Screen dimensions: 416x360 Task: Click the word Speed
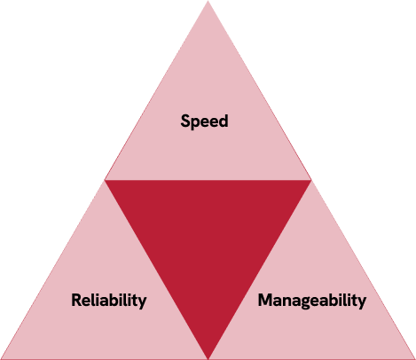[204, 121]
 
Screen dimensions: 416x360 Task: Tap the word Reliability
[109, 301]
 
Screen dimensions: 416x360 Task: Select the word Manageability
[312, 301]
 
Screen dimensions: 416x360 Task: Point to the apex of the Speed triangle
[208, 1]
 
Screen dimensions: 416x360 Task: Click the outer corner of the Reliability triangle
[1, 359]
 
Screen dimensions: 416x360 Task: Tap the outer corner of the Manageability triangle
[415, 359]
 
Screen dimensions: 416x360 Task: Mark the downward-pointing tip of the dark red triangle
[208, 359]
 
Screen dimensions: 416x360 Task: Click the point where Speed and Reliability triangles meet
[105, 180]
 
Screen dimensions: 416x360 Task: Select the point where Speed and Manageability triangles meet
[311, 180]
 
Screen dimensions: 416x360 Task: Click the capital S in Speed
[185, 121]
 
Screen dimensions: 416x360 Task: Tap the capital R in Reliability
[76, 300]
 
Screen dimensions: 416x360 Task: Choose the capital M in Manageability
[265, 300]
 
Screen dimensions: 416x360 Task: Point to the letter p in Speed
[195, 124]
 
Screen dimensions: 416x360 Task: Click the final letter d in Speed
[224, 121]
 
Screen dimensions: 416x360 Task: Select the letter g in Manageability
[308, 303]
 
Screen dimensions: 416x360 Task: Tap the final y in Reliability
[143, 303]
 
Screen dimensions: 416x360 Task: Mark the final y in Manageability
[362, 303]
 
